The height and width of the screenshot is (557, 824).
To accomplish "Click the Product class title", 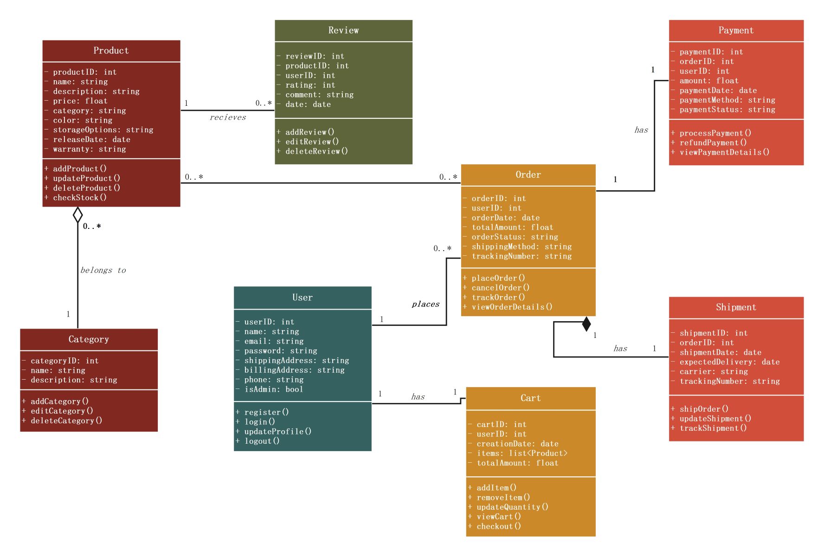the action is coord(111,51).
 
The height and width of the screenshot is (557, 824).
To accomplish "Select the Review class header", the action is coord(343,30).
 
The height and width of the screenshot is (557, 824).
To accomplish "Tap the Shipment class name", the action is coord(736,307).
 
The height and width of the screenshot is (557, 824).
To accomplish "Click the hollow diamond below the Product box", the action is coord(78,215).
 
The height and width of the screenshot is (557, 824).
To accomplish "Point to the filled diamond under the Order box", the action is coord(586,324).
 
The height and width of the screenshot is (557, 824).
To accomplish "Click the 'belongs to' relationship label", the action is coord(103,270).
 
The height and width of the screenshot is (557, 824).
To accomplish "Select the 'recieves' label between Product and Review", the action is coord(228,117).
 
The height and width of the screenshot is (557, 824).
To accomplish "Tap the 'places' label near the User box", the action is coord(425,304).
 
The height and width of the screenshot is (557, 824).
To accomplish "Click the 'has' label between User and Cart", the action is coord(418,396).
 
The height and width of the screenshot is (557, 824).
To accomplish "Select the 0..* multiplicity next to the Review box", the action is coord(264,103).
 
